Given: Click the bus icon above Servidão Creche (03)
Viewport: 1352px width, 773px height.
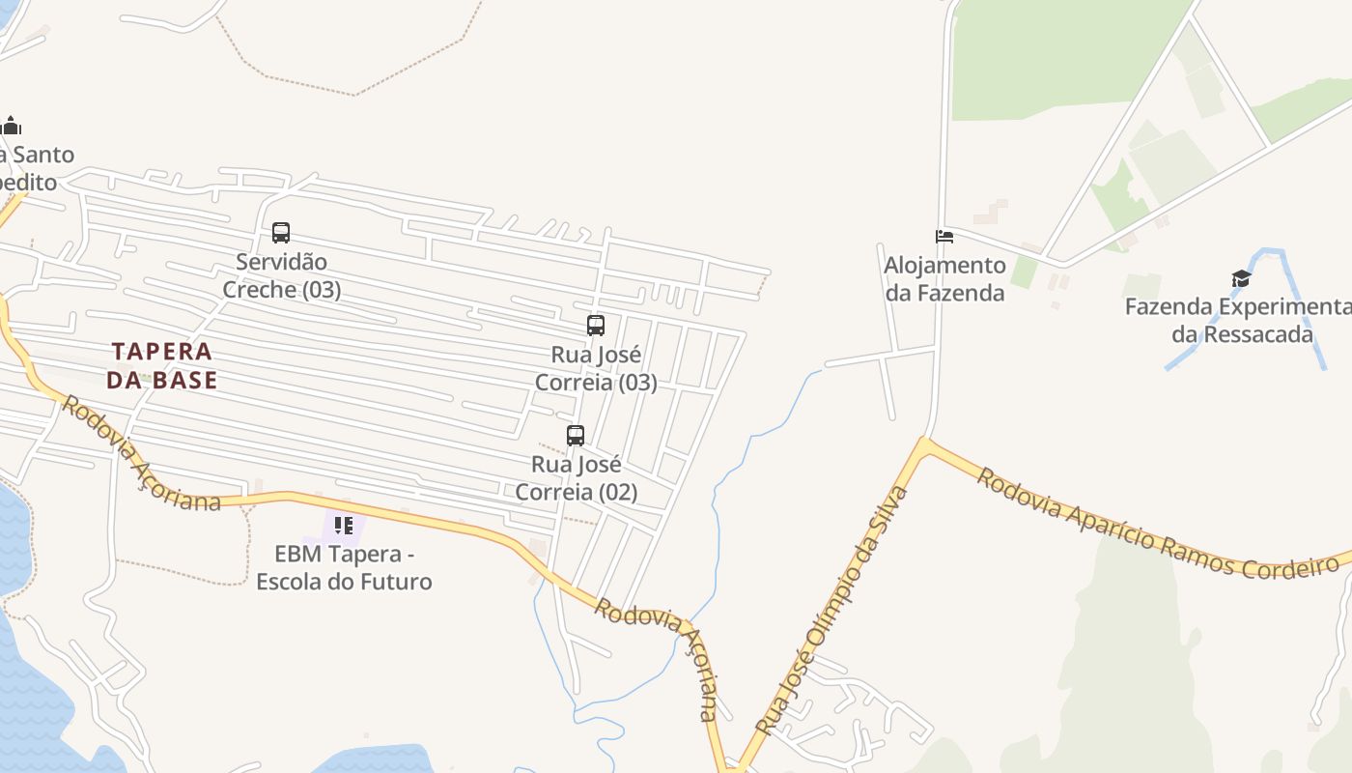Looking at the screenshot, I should click(281, 233).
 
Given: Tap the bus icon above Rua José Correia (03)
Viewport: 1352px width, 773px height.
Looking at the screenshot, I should click(596, 326).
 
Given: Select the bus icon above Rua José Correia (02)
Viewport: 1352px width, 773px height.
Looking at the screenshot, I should click(576, 436).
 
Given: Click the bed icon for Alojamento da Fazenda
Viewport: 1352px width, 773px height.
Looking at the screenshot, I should click(944, 236).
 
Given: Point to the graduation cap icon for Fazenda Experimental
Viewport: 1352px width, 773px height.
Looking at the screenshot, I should click(1241, 279).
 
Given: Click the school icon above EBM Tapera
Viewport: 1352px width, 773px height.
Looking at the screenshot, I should click(343, 526).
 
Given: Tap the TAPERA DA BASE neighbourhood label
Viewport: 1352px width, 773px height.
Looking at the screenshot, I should click(161, 365).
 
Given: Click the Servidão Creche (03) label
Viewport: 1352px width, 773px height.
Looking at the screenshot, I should click(282, 275).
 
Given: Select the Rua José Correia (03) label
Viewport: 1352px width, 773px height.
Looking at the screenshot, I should click(596, 368).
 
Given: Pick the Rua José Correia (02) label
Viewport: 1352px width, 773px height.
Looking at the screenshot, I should click(577, 478).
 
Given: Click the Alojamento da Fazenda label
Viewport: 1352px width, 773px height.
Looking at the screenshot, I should click(944, 278).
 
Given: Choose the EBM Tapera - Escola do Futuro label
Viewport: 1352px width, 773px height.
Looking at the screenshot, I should click(344, 568).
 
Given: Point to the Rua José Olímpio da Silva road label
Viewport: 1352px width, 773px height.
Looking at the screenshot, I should click(832, 609).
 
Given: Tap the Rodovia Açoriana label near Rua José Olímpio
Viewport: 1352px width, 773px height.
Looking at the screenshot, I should click(658, 657).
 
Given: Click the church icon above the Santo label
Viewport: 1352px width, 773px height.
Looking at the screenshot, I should click(12, 126).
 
